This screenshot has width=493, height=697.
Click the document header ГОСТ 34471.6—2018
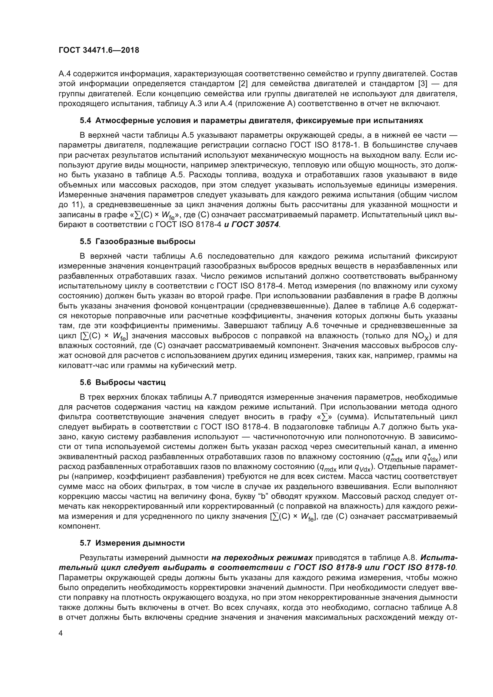[x=99, y=50]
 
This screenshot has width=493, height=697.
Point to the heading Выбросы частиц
[x=131, y=382]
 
